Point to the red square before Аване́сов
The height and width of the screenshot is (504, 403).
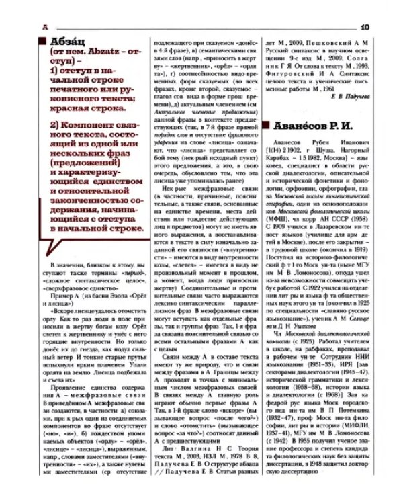267,126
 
